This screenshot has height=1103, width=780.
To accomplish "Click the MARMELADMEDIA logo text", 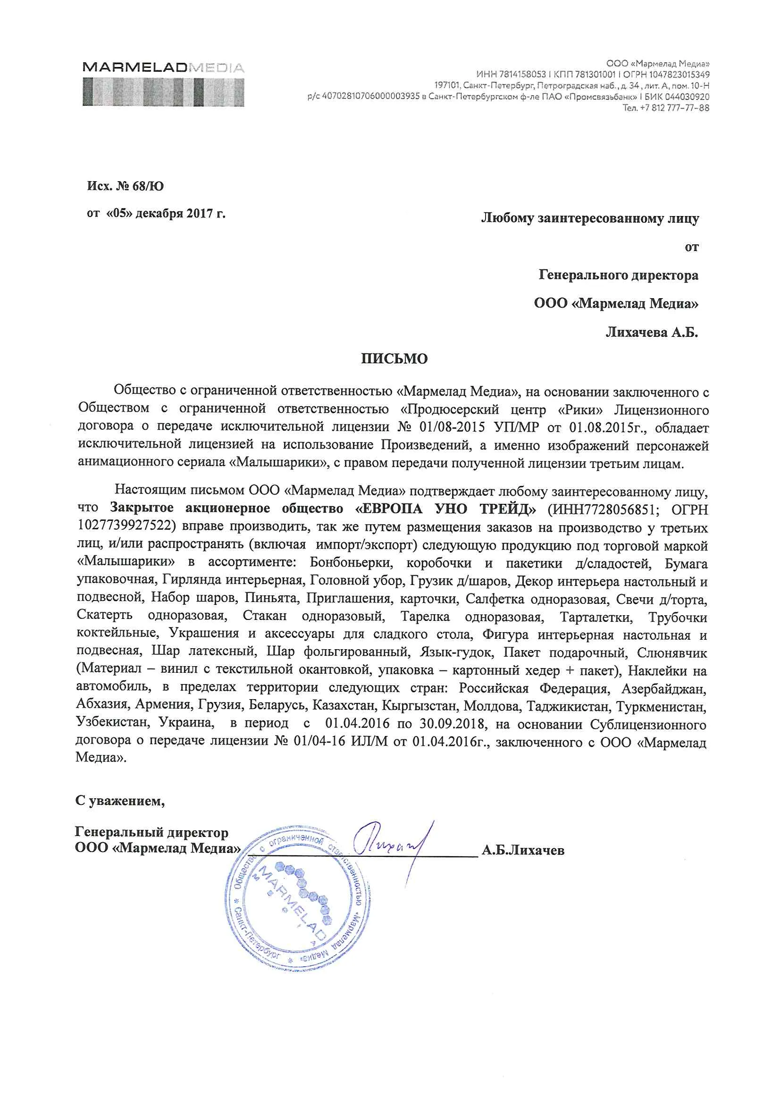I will [x=163, y=67].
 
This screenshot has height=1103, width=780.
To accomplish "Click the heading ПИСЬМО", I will [x=394, y=359].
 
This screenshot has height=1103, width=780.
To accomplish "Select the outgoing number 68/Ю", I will [x=148, y=186].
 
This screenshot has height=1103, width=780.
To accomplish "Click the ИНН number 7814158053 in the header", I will [x=522, y=75].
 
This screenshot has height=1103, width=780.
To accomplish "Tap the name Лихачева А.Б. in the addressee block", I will [x=651, y=332].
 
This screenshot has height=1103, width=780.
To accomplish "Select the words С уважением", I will [x=120, y=801].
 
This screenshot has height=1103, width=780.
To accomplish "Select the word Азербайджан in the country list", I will [x=664, y=689].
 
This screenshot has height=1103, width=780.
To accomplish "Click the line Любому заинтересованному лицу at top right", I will [x=590, y=218].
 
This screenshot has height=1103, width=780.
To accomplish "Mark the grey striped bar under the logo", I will [x=163, y=92].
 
